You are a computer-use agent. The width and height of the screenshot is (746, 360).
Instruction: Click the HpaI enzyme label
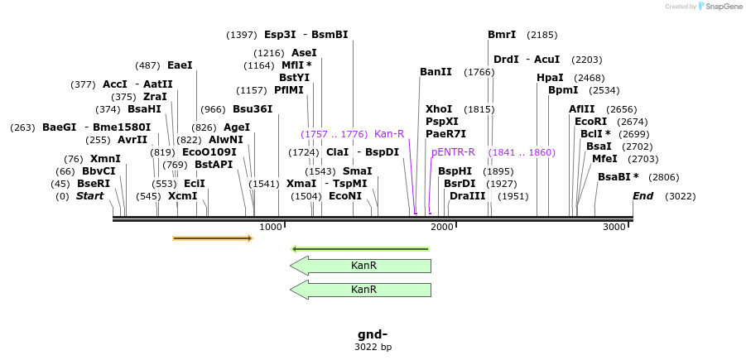550,78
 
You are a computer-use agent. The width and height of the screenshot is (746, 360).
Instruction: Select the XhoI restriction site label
438,109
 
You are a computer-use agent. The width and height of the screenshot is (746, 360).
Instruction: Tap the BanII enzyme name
436,72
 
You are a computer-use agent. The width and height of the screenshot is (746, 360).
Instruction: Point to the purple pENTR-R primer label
453,152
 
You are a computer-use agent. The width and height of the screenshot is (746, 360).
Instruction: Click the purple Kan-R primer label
389,134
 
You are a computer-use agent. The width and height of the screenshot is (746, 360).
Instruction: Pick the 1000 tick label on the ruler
271,227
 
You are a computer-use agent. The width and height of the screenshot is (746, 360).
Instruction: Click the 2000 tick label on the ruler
442,227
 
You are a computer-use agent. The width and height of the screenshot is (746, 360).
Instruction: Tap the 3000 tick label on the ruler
615,227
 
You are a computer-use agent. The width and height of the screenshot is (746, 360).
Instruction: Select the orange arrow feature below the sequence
212,238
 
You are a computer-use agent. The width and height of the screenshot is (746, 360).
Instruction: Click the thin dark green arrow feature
360,248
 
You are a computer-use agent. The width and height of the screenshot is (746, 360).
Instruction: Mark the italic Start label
89,196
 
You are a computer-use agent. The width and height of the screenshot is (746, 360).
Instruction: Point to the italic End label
643,196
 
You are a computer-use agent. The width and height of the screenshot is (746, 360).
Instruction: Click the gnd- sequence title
373,334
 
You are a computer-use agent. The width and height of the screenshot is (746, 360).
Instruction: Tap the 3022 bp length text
373,348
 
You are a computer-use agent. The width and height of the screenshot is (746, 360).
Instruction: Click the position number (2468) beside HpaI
589,78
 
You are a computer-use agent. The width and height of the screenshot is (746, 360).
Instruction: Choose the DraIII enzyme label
467,196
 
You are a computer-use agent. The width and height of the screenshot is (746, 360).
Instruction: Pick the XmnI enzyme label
105,159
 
